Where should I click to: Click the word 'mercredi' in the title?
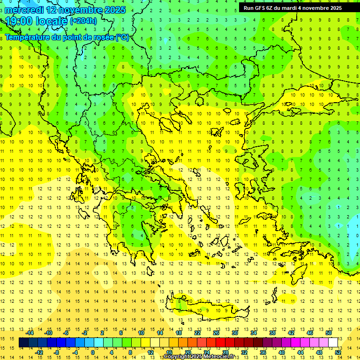point(24,10)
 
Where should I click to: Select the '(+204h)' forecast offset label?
point(83,21)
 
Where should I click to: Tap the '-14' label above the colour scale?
point(30,333)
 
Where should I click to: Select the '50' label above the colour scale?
point(329,333)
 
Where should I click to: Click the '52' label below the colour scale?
point(338,352)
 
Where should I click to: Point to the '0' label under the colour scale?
point(93,352)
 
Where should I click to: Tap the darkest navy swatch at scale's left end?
point(23,343)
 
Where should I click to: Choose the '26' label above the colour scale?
point(216,333)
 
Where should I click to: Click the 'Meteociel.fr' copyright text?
point(218,357)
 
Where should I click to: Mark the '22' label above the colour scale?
point(197,333)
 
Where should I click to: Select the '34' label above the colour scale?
point(254,333)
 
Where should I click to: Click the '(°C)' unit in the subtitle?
point(122,37)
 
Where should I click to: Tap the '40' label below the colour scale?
point(282,352)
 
